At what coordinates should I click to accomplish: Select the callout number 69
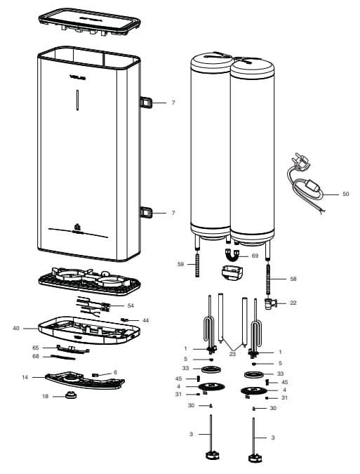[x=255, y=256]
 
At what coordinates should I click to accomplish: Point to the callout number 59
[x=180, y=264]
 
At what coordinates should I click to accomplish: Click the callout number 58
[x=293, y=279]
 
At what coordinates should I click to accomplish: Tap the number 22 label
[x=293, y=303]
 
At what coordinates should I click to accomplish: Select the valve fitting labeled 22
[x=270, y=304]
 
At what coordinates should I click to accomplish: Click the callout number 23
[x=231, y=355]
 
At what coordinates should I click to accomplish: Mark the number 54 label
[x=131, y=305]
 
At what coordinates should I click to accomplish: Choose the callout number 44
[x=145, y=320]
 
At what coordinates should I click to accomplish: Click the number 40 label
[x=15, y=328]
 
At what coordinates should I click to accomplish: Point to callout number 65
[x=35, y=348]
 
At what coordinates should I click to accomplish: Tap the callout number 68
[x=35, y=356]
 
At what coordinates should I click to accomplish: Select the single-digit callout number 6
[x=115, y=372]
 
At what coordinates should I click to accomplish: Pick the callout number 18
[x=45, y=397]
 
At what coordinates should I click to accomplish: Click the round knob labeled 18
[x=70, y=396]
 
